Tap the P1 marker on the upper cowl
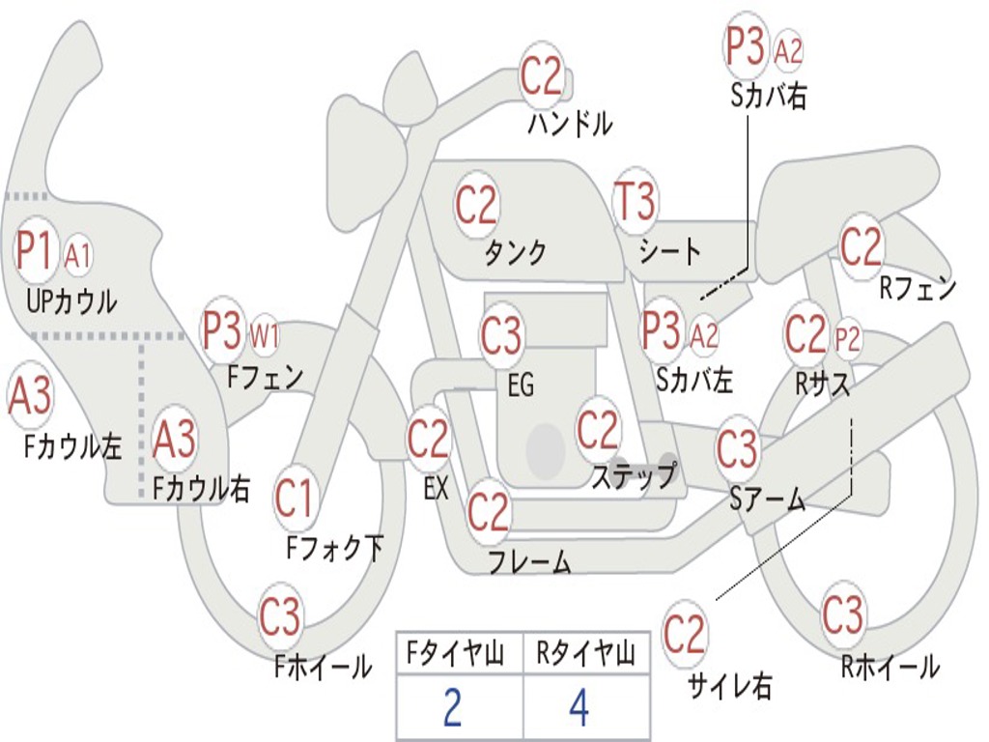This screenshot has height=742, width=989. coord(37,251)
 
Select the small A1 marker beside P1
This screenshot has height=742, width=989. coord(78,256)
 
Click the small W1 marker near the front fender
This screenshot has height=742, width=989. coord(265,337)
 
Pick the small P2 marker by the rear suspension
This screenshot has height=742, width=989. coord(847,339)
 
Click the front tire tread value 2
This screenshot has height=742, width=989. coord(451,707)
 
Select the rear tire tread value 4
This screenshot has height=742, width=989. coord(579,707)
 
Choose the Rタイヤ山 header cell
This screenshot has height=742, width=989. coord(585,655)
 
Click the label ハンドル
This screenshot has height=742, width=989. coord(571,124)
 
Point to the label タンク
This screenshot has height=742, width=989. coord(515,253)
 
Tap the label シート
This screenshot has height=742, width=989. coord(670,253)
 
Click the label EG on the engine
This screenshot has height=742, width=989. coord(521,385)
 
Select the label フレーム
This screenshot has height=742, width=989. coord(528,561)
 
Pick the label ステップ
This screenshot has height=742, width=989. coord(635,476)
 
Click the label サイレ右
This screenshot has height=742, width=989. coord(729,686)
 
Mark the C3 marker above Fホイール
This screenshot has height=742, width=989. coord(280,615)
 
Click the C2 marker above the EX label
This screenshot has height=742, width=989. coord(428,440)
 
